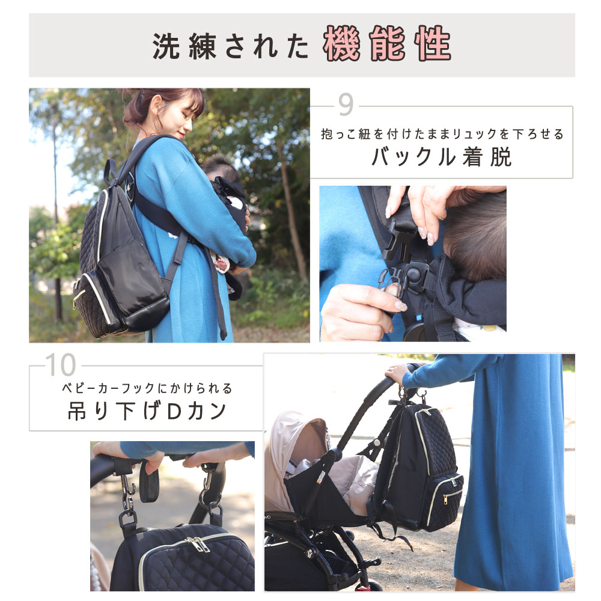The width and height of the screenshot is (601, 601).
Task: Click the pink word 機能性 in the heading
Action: pos(387,45)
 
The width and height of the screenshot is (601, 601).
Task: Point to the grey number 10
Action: pos(61,364)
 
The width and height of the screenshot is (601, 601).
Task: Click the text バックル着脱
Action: pos(441,157)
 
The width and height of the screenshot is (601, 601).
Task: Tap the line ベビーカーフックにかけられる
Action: pos(147,388)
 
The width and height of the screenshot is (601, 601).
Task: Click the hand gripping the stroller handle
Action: pos(397,373)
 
